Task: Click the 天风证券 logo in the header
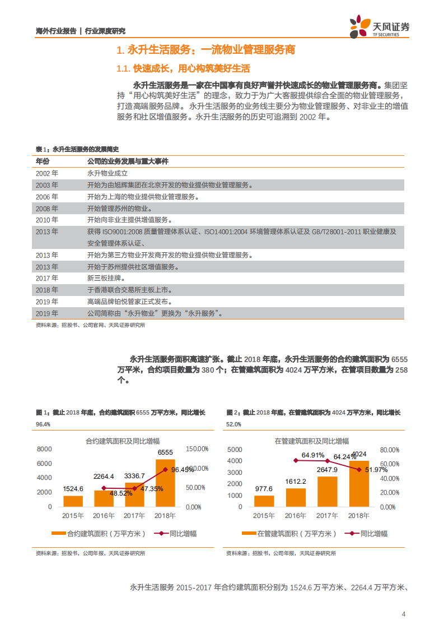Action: point(380,27)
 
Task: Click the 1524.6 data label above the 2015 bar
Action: point(73,489)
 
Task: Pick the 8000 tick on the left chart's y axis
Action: point(44,449)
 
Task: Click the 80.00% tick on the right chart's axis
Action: point(389,450)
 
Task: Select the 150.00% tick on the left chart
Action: point(197,449)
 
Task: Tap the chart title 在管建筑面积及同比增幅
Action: point(311,441)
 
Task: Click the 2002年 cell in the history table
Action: point(46,174)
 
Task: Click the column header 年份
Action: point(43,161)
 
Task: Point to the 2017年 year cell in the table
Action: point(46,278)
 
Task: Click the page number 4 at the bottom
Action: point(404,614)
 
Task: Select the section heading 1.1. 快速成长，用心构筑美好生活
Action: point(183,69)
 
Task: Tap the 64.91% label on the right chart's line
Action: point(313,455)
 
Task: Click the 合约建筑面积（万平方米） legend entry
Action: point(98,534)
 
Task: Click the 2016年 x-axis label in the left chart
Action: point(104,516)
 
